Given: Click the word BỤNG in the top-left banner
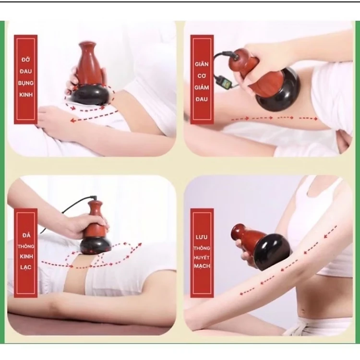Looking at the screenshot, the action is click(26, 83).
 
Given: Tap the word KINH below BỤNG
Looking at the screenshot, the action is click(26, 95).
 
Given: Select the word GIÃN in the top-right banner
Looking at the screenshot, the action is click(202, 64).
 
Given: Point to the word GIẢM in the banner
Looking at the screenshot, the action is click(202, 87).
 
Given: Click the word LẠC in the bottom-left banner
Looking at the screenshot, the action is click(26, 267).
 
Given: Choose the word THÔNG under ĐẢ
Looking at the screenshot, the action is click(26, 246).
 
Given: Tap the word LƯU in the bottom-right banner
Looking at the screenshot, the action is click(201, 237).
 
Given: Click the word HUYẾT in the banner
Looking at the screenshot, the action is click(202, 258).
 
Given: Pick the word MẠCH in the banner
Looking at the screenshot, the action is click(202, 266).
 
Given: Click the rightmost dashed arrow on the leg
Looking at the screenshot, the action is click(308, 119).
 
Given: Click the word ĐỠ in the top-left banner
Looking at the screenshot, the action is click(26, 60).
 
